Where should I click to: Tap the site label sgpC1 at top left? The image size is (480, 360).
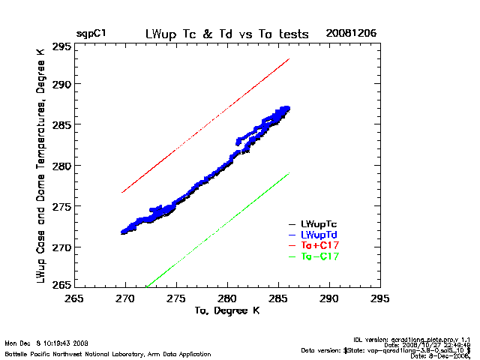91,34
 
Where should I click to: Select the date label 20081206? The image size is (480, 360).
351,34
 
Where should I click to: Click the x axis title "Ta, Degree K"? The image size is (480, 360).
226,310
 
